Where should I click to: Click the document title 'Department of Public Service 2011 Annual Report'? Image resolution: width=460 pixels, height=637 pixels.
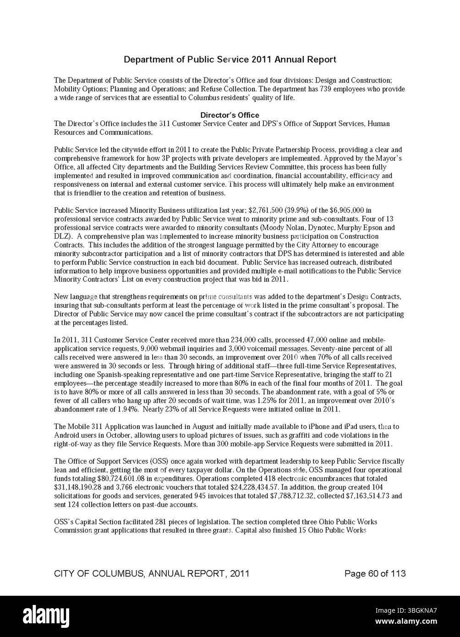point(230,60)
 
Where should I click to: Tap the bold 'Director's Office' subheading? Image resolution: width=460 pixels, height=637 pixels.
point(230,115)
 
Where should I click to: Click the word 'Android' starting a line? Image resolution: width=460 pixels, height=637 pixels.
point(66,435)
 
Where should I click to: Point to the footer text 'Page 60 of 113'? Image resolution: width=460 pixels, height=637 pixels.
point(375,574)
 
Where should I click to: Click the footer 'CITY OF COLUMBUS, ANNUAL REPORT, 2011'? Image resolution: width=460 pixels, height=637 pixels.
point(152,574)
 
